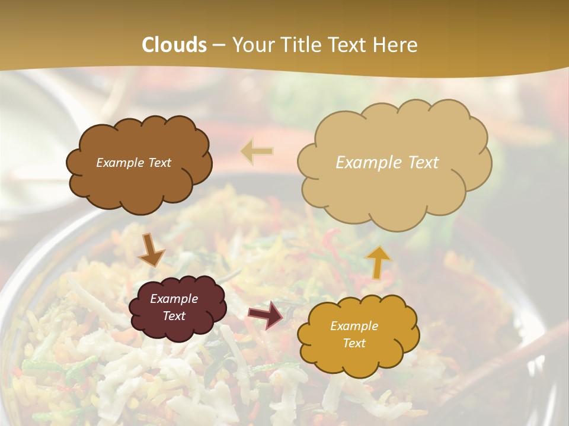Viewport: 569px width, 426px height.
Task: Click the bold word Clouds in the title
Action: (x=174, y=45)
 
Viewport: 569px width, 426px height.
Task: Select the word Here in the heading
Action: (x=396, y=45)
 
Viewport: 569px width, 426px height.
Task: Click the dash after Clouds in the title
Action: (x=219, y=46)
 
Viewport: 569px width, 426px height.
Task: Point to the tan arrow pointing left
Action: (x=257, y=151)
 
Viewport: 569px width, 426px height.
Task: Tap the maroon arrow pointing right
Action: (x=266, y=314)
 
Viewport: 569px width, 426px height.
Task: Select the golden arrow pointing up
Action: (x=378, y=262)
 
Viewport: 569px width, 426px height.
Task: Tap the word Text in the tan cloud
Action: (x=421, y=163)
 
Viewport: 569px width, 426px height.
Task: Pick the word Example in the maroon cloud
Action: (x=174, y=299)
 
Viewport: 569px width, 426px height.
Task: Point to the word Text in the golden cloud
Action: (x=354, y=343)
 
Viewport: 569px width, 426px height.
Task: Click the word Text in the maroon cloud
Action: (x=174, y=316)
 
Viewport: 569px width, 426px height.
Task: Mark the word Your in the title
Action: (x=250, y=45)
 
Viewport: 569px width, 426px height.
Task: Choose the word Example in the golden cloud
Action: (x=354, y=326)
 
